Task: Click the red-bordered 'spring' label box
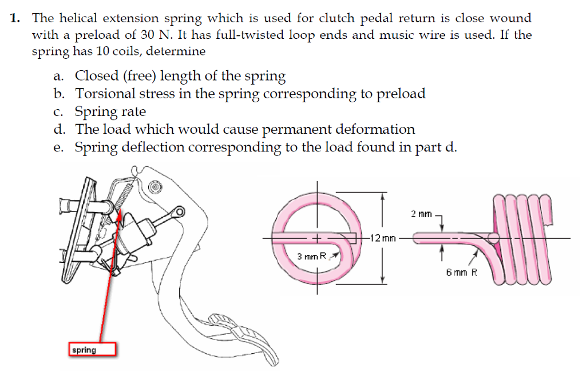click(92, 349)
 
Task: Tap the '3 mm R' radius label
click(311, 256)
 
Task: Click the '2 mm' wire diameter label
click(421, 213)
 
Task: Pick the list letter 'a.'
click(64, 76)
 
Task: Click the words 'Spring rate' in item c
click(110, 111)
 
